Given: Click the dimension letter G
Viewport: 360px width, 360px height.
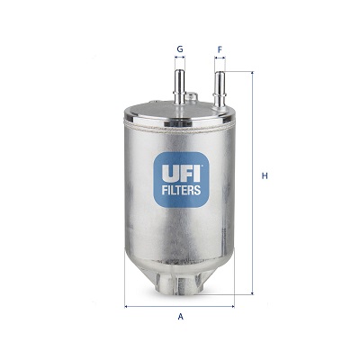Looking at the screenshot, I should pos(180,49).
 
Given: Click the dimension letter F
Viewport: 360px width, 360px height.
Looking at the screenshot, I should pos(220,49).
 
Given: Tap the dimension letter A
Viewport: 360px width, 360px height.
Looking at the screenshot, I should pos(180,317).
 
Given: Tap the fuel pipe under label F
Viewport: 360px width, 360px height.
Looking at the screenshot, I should pos(219,90).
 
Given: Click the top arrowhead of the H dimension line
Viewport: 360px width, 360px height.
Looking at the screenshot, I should pos(253,74).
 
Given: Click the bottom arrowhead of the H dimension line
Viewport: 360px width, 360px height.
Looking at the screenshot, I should pos(253,292).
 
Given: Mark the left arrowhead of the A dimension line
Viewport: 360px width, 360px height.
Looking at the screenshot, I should pos(126,306).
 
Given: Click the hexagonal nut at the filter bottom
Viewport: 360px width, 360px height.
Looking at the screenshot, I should pos(180,286).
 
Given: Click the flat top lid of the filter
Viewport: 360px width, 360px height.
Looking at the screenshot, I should pos(180,115).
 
